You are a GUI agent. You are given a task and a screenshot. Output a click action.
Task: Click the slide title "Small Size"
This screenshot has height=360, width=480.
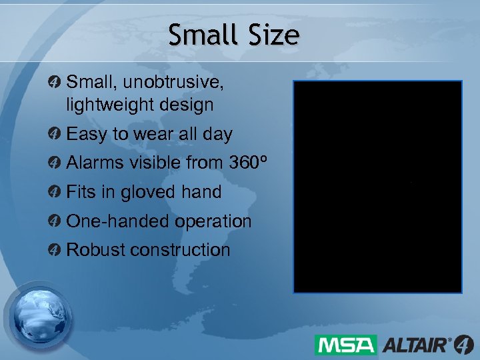[233, 35]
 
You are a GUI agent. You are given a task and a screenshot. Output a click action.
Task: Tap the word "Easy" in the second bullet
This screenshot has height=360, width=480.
[87, 134]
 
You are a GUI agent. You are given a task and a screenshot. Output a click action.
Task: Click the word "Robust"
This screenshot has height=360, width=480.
[96, 250]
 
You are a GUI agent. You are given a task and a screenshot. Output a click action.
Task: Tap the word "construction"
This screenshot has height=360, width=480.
[180, 250]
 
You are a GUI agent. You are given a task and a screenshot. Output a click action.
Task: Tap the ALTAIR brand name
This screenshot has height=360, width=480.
[417, 345]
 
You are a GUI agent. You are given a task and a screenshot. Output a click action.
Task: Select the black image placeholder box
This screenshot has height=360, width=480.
[377, 187]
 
